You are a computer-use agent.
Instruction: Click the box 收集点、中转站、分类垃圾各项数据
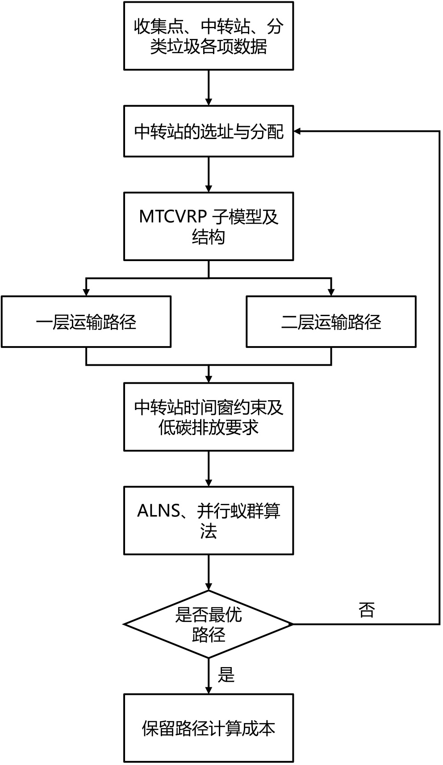coord(209,36)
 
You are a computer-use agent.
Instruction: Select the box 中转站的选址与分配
coord(209,131)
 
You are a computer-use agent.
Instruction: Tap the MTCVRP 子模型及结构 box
coord(209,226)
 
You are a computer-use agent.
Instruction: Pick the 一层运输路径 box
coord(86,321)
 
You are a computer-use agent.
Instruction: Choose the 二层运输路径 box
coord(331,321)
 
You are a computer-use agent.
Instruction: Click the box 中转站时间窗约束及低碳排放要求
coord(209,417)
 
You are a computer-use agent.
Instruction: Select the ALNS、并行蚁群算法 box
coord(209,520)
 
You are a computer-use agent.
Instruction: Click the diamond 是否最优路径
coord(209,624)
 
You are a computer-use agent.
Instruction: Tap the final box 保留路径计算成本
coord(209,728)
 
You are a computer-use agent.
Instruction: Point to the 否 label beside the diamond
coord(367,610)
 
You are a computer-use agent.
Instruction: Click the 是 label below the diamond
coord(226,675)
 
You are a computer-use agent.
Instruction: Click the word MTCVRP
coord(172,217)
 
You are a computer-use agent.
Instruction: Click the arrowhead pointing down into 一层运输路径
coord(86,292)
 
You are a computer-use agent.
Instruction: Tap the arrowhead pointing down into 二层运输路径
coord(331,292)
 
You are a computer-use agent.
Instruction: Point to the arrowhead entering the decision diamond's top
coord(209,586)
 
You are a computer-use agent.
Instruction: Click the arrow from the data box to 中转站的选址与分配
coord(209,88)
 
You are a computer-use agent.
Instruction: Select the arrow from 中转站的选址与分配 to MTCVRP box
coord(209,174)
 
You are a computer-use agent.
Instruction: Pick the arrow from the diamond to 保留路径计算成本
coord(209,676)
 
